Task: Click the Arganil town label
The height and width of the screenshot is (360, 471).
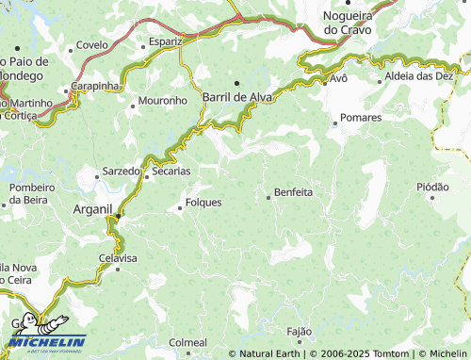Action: [92, 209]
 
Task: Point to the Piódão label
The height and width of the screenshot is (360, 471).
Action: [432, 187]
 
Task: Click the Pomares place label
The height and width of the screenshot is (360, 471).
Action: [361, 118]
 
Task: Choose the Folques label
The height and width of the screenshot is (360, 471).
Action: [203, 202]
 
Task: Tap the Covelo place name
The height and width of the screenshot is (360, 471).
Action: [91, 44]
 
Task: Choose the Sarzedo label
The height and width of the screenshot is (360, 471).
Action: [121, 172]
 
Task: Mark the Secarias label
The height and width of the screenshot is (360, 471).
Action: [171, 172]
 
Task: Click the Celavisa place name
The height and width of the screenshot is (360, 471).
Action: [118, 257]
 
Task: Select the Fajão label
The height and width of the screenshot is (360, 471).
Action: [299, 332]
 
